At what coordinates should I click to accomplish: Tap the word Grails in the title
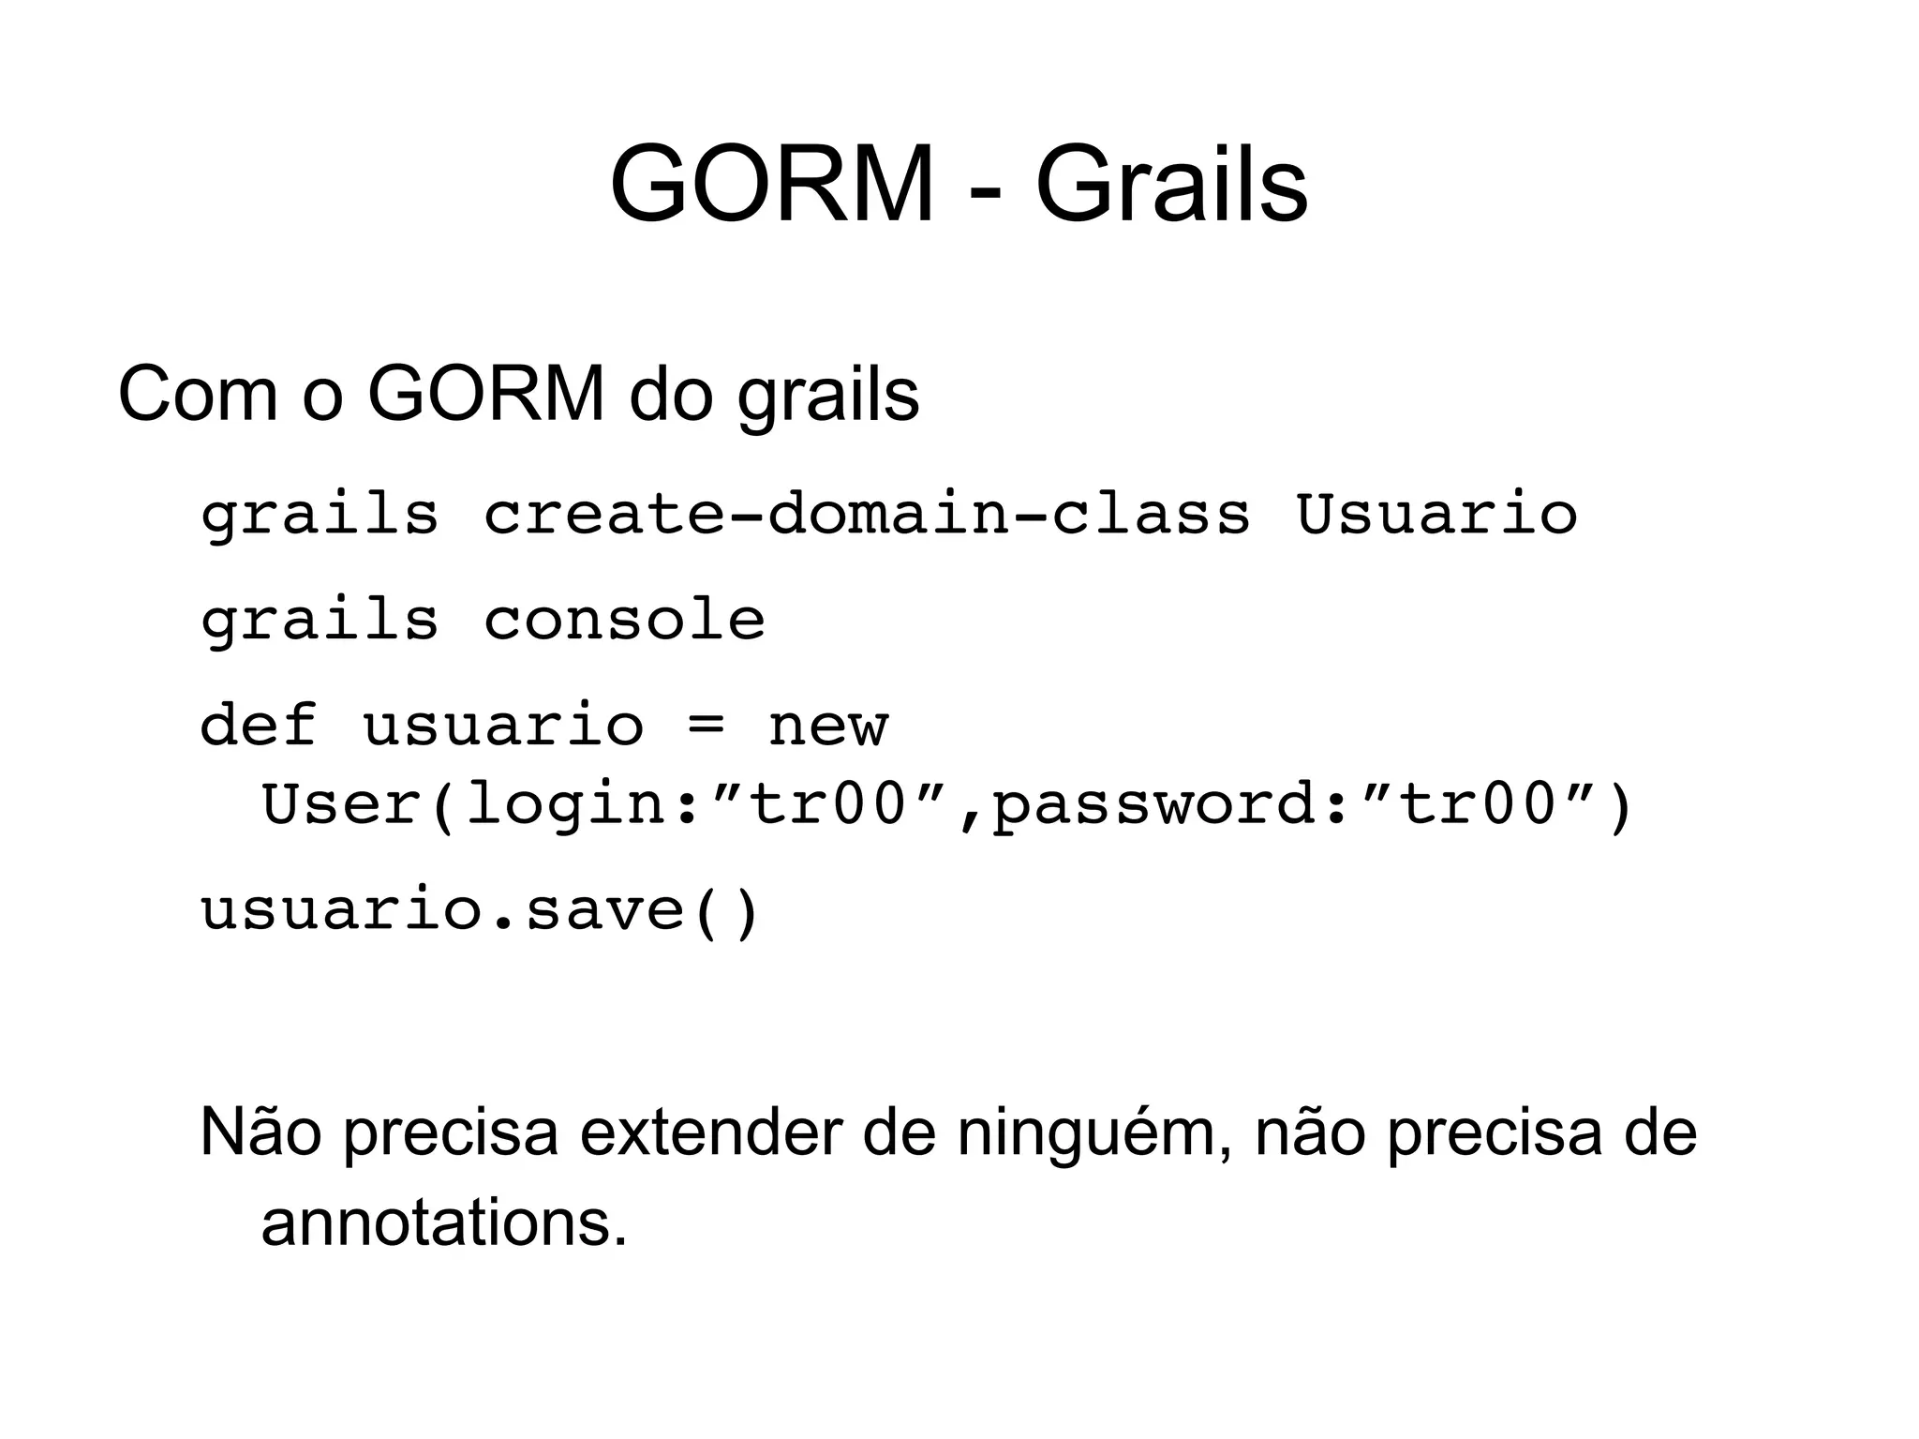1171,185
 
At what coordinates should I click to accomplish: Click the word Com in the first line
198,394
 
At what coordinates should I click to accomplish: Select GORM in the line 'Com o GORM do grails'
486,394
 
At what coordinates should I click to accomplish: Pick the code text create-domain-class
867,515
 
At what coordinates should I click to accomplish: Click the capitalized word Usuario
1436,515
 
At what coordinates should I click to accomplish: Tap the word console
624,620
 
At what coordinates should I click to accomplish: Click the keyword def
259,725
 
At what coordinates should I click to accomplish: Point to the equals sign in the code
706,727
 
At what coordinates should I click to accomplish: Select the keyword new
827,727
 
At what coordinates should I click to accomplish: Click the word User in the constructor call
341,803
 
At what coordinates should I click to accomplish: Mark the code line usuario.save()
479,910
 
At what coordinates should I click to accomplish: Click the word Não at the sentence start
260,1132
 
